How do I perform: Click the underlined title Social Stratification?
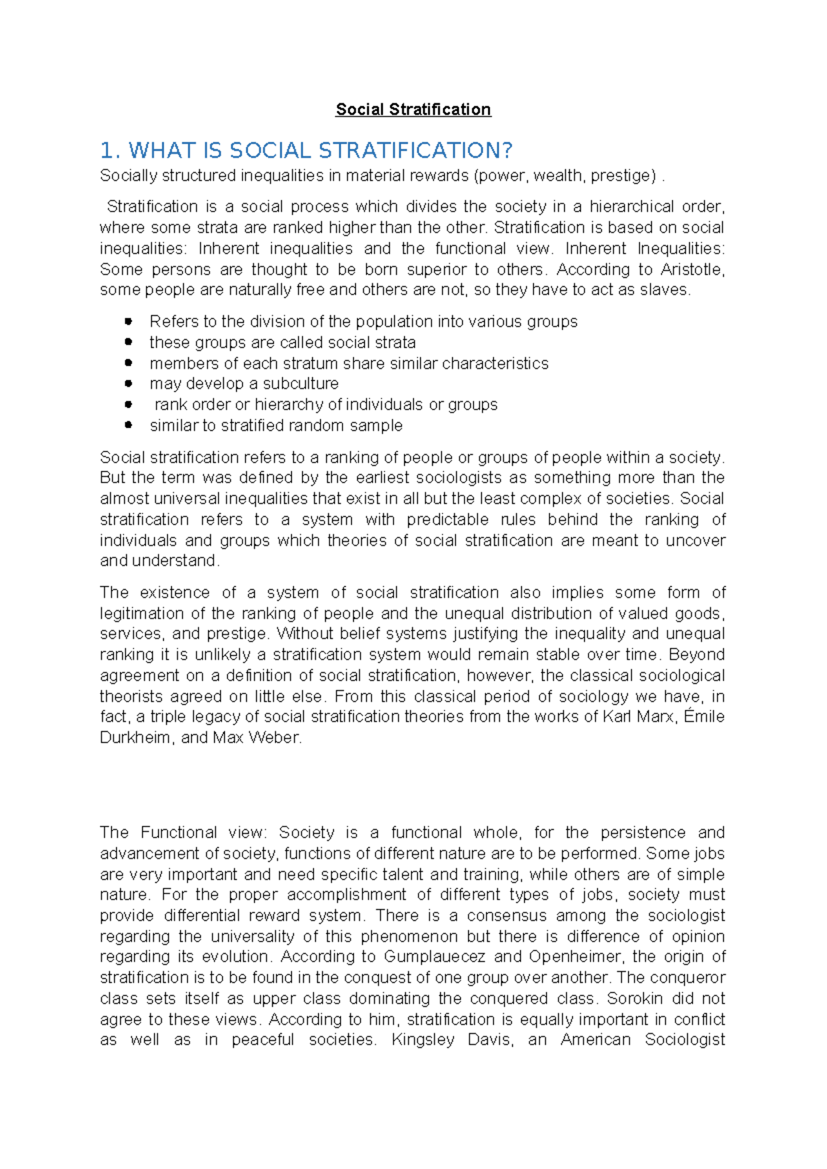point(413,110)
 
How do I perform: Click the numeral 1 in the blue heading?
point(105,150)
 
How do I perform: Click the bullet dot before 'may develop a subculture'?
point(128,383)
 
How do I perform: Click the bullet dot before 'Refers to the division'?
point(128,321)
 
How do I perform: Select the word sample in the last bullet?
point(376,426)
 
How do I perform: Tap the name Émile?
point(704,717)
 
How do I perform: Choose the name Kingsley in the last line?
point(422,1039)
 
